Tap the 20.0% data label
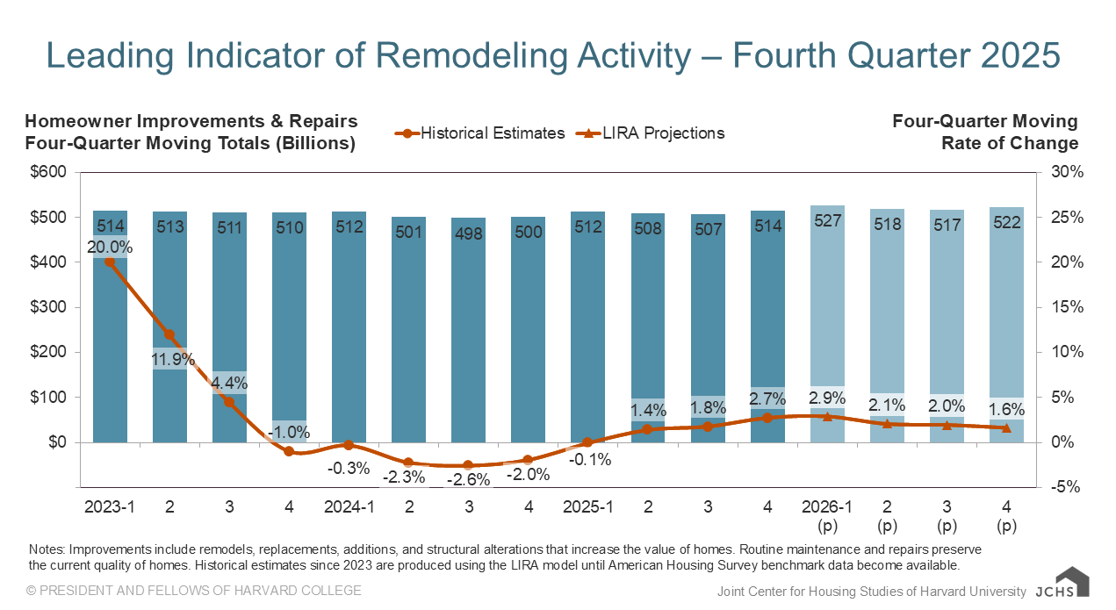[x=110, y=247]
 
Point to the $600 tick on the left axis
[x=49, y=172]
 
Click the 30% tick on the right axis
[x=1068, y=172]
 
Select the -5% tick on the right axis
[x=1068, y=487]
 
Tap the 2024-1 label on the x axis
[x=349, y=507]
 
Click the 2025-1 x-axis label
[x=588, y=507]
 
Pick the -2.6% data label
[x=469, y=480]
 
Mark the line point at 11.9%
[x=169, y=334]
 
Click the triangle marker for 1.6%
[x=1006, y=427]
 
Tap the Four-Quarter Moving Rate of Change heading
[x=984, y=133]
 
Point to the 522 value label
[x=1006, y=222]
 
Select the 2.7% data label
[x=767, y=399]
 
